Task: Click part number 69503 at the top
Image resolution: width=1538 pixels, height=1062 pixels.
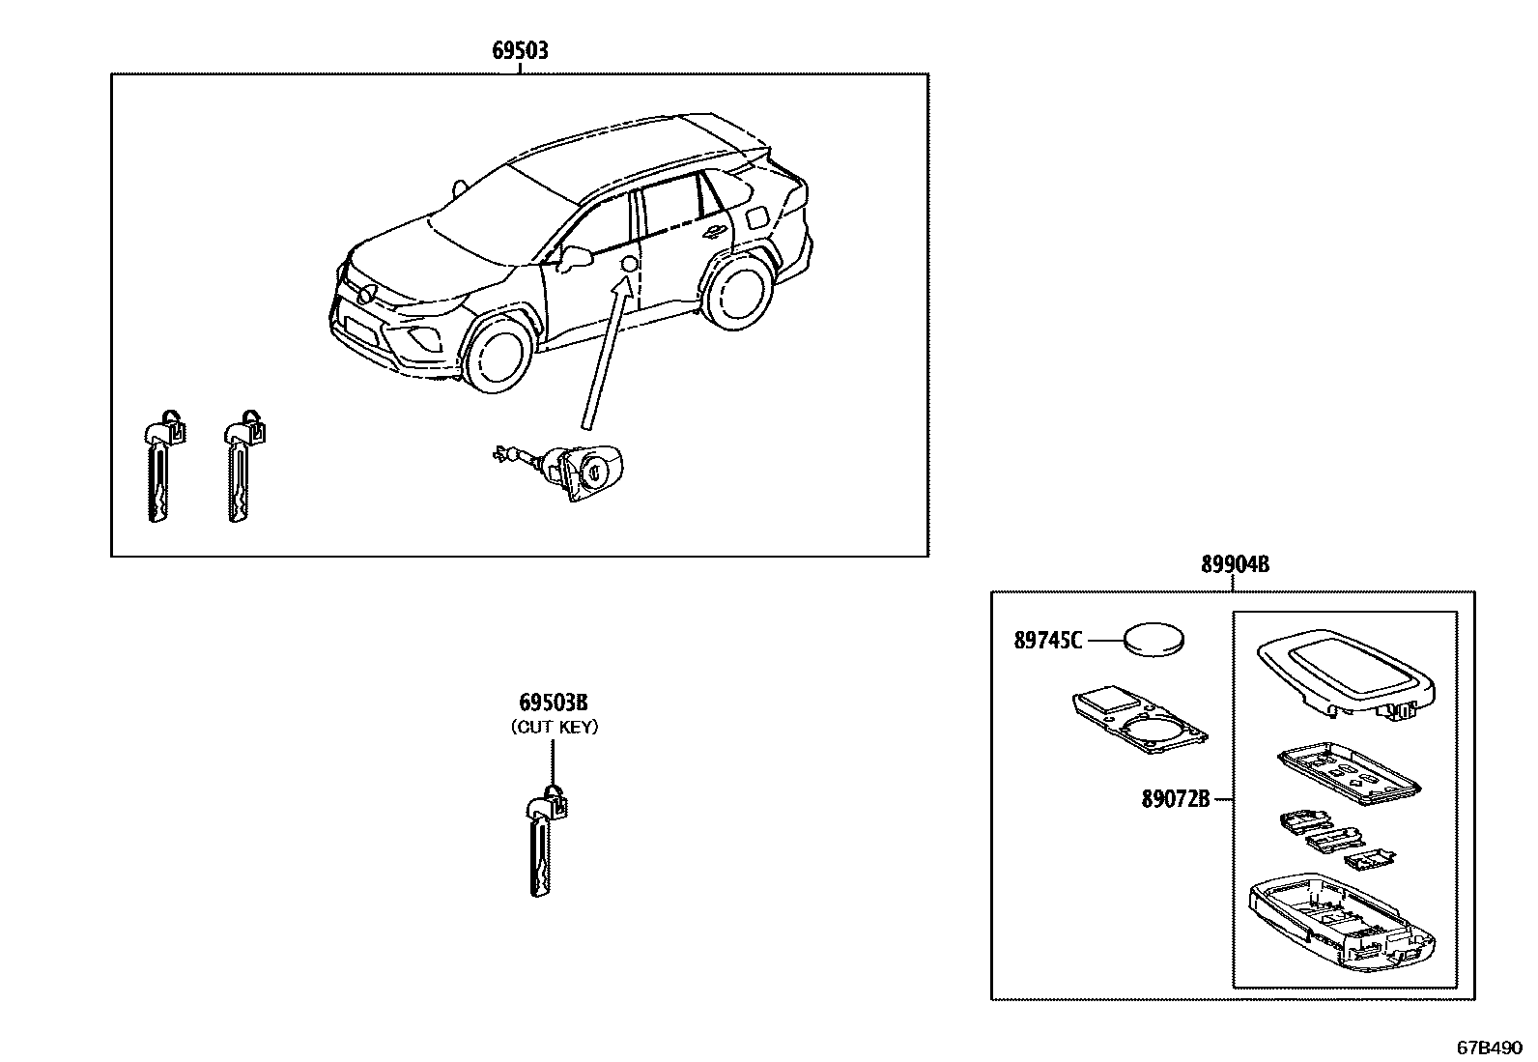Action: click(x=520, y=50)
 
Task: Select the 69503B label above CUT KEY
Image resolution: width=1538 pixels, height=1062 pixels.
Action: click(x=554, y=702)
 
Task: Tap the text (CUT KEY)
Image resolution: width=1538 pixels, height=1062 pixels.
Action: click(x=554, y=727)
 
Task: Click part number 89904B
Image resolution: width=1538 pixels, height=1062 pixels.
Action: click(x=1235, y=565)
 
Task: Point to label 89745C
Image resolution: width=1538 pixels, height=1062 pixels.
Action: click(x=1048, y=640)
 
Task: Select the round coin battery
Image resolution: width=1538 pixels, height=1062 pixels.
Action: click(x=1154, y=639)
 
